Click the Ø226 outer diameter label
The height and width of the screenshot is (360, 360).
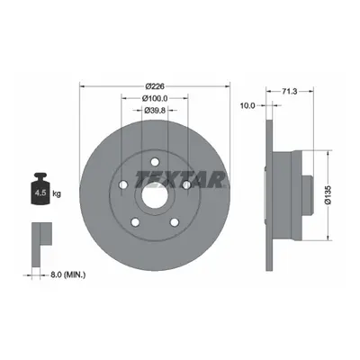click(x=155, y=86)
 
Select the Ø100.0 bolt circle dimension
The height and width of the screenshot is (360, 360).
click(x=155, y=98)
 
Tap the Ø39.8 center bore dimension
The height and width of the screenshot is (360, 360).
click(x=155, y=111)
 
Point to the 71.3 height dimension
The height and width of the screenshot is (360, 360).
click(x=290, y=92)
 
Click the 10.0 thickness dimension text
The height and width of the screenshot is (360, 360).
click(x=247, y=105)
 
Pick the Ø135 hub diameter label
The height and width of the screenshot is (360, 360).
click(x=328, y=195)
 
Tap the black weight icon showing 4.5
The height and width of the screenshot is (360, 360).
click(x=40, y=189)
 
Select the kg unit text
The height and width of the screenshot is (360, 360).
click(x=57, y=193)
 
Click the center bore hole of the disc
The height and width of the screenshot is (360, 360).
click(x=155, y=197)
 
